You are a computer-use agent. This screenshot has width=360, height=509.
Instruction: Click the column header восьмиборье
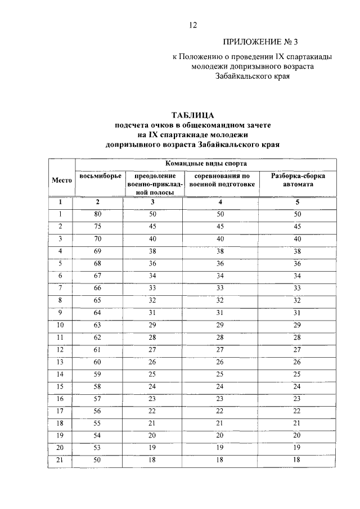[100, 176]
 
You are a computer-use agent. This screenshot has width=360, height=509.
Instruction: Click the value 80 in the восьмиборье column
[97, 214]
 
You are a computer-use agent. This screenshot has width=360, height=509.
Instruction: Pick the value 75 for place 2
[97, 226]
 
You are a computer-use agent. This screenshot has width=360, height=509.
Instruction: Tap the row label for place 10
[61, 325]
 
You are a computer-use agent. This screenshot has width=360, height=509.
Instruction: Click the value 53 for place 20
[97, 448]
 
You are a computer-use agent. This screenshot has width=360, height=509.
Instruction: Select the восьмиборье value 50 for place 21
[97, 460]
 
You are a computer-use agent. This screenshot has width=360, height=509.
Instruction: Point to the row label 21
[61, 460]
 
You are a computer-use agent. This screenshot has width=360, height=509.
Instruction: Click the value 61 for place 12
[97, 349]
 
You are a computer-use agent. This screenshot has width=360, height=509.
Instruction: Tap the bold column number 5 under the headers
[298, 201]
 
